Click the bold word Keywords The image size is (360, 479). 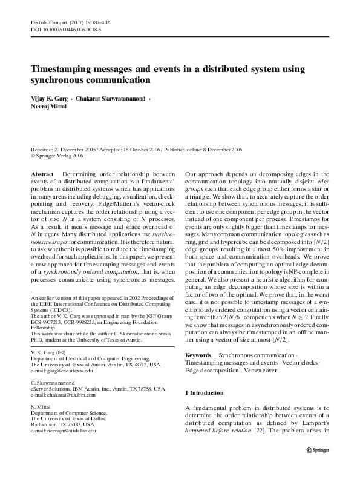point(198,354)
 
